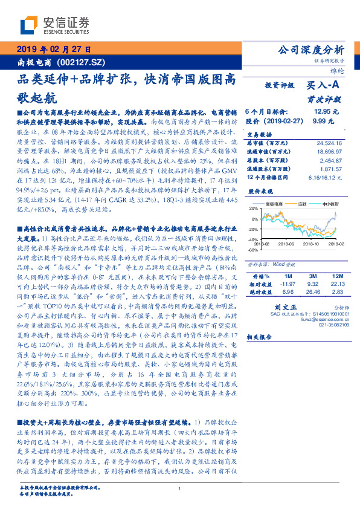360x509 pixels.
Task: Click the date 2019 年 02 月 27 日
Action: [54, 49]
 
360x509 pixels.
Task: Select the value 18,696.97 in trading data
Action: [329, 152]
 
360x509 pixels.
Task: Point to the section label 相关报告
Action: [261, 338]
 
